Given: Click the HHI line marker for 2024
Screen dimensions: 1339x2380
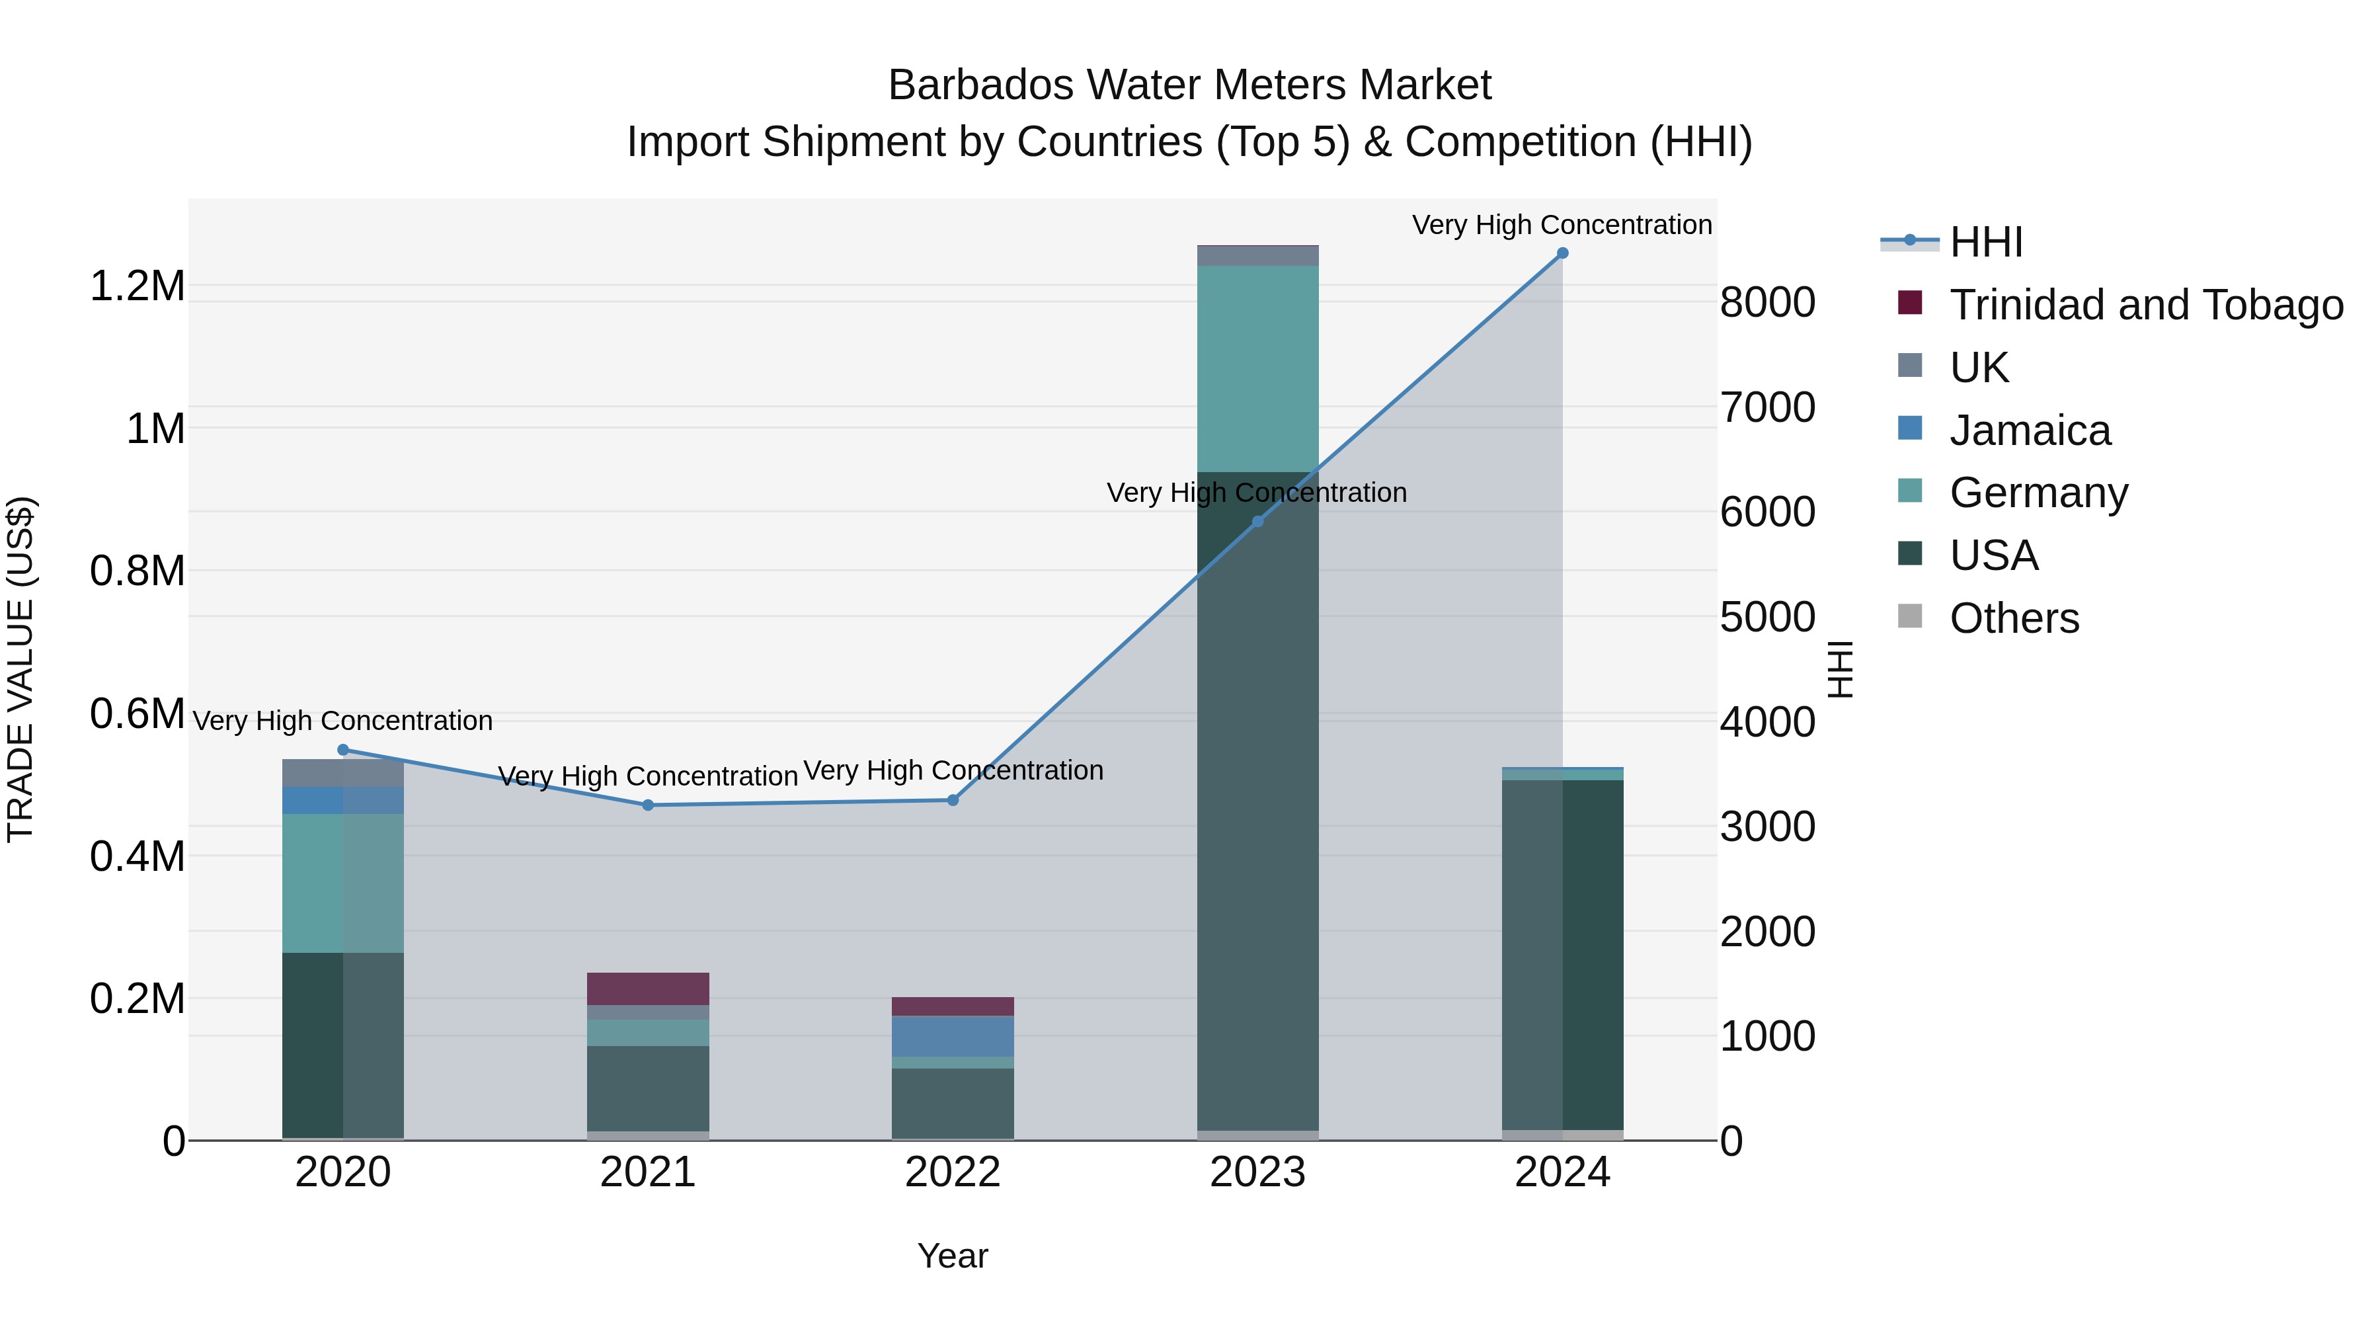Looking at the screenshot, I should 1562,253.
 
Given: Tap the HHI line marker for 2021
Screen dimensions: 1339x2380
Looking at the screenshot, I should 648,805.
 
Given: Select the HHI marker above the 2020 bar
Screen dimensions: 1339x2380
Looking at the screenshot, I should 342,749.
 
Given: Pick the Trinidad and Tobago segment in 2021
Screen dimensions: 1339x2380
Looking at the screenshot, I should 648,988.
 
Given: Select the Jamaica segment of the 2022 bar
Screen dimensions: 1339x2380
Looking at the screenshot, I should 953,1036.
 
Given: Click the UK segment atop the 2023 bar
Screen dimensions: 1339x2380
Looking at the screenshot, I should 1257,255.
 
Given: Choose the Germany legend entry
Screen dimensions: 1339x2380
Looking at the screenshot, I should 2038,493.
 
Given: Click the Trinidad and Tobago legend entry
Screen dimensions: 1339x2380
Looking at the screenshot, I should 2145,305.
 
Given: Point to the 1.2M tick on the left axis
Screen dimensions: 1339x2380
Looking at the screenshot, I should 137,286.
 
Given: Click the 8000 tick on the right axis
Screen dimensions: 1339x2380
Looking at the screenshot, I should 1767,302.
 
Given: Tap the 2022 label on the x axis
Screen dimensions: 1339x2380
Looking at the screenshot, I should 953,1172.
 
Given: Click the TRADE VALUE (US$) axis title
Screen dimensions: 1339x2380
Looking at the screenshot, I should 20,669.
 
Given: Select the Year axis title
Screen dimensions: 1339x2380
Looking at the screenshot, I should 953,1256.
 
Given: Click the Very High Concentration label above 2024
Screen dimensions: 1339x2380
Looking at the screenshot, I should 1562,225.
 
